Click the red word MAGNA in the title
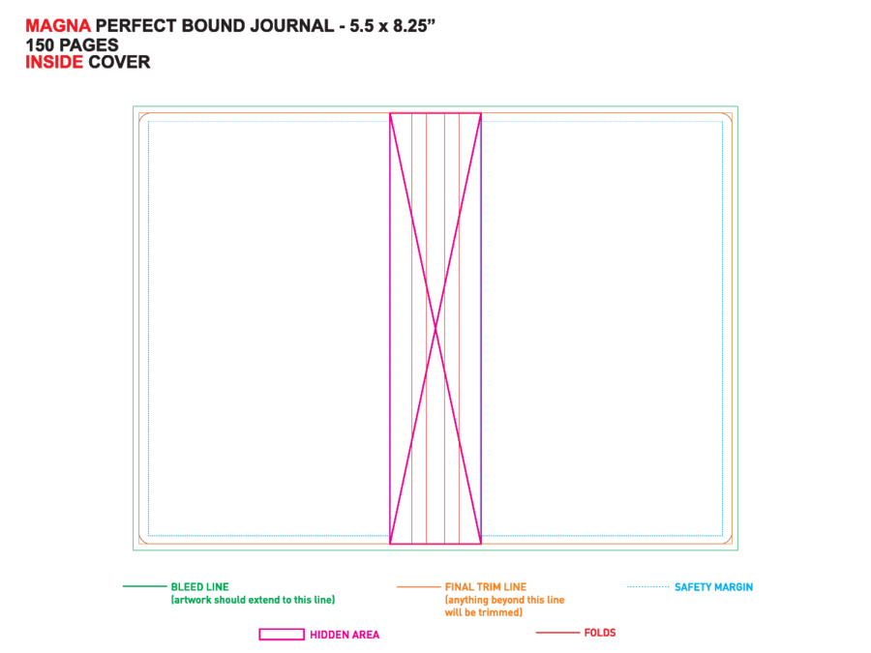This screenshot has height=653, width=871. (58, 26)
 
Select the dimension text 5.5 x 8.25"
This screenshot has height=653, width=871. (392, 26)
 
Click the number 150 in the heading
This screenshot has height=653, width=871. (40, 45)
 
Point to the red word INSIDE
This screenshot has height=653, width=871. (54, 62)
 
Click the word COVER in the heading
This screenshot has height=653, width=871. (119, 62)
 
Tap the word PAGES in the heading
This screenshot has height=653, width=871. (89, 45)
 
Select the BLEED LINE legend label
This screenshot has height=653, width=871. (200, 587)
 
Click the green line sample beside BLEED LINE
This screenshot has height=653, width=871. (144, 586)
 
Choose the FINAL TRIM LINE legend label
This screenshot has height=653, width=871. (486, 587)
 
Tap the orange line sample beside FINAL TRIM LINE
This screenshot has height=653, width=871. (418, 587)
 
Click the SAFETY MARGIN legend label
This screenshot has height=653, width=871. (714, 587)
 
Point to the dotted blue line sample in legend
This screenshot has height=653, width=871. (648, 586)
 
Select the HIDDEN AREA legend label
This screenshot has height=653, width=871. (345, 635)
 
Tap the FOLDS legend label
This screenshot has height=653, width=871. (600, 633)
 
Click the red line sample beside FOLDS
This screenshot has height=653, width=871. (557, 633)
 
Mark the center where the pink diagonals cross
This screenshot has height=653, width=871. (435, 329)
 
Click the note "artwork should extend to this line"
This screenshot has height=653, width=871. (253, 600)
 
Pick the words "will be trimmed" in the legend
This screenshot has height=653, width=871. (483, 612)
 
